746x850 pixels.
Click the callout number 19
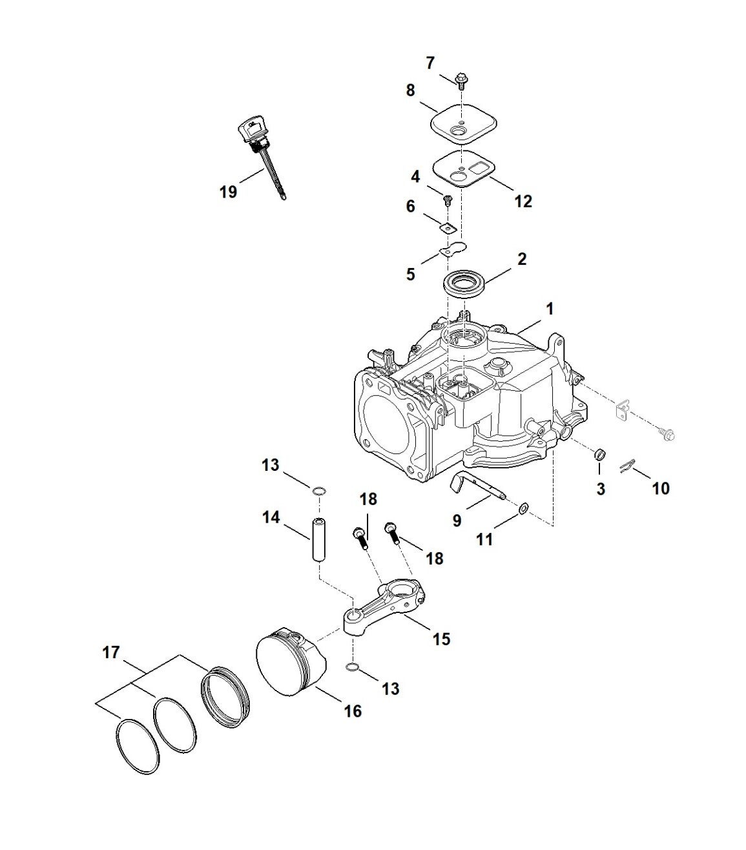[228, 192]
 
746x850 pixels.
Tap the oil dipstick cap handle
[252, 129]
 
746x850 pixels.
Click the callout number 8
[410, 90]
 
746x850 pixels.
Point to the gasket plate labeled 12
[464, 169]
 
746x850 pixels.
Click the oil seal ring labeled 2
[464, 284]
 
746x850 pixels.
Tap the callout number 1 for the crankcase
[550, 309]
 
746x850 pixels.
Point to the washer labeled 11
[524, 509]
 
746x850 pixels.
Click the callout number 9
[457, 520]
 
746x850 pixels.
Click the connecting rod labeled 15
[382, 606]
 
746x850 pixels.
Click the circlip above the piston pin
[319, 491]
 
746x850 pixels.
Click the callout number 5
[411, 274]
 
